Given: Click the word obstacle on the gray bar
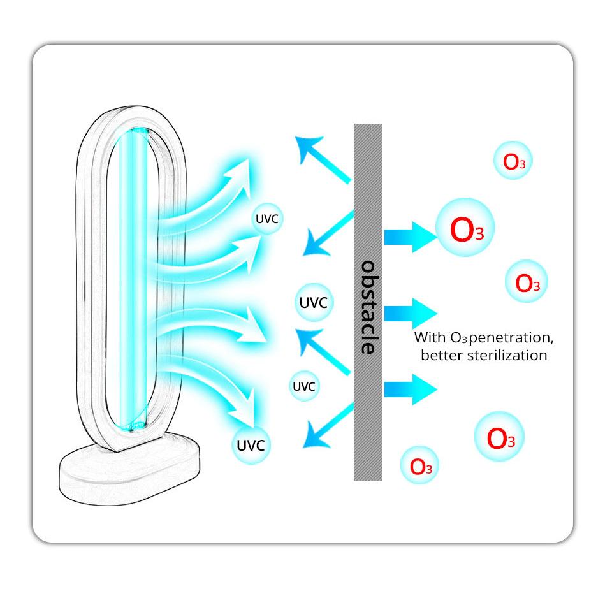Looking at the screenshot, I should pyautogui.click(x=368, y=307).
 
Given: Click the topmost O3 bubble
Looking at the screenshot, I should pyautogui.click(x=513, y=161).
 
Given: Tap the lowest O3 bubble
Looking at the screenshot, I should pyautogui.click(x=420, y=466).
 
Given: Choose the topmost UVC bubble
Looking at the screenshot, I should pyautogui.click(x=266, y=219).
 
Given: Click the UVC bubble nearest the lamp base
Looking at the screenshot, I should pyautogui.click(x=251, y=445).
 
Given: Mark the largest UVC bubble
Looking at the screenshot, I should pyautogui.click(x=314, y=302).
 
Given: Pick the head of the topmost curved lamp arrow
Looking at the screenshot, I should pyautogui.click(x=241, y=168).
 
